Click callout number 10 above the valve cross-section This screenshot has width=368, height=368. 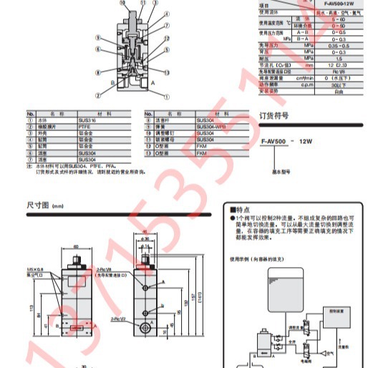(122, 3)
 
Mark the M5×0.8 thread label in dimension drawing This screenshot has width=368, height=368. (36, 270)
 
